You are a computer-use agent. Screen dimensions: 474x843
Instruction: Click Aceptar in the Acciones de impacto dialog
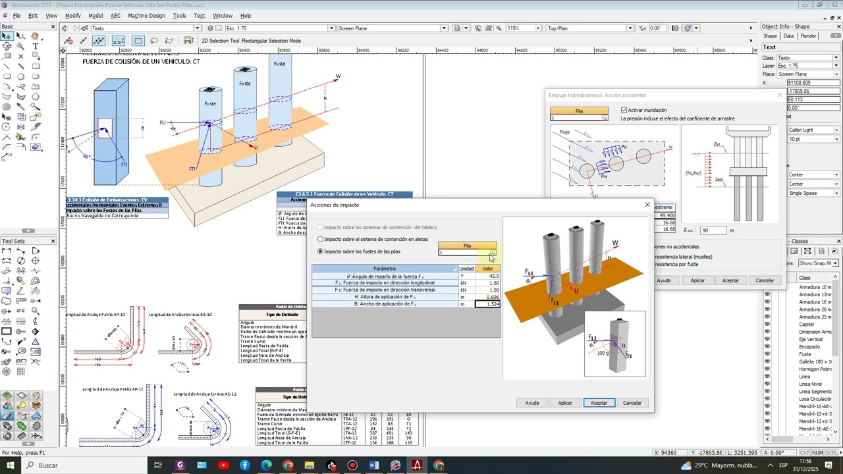pos(599,403)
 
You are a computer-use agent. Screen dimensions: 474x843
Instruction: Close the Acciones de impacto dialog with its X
pos(647,205)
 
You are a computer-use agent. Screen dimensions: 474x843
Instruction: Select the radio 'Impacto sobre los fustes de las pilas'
pos(321,251)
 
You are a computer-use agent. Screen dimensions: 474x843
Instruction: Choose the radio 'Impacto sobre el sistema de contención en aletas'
pos(321,239)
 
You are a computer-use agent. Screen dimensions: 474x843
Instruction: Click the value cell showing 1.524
pos(487,304)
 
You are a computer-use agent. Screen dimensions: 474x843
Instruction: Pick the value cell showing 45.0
pos(487,276)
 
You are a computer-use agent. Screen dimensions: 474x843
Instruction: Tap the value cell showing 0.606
pos(487,297)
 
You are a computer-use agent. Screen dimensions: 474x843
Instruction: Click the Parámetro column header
pos(385,269)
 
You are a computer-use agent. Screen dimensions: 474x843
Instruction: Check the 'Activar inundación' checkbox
pos(624,110)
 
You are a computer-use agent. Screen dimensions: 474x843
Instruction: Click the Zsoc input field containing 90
pos(713,230)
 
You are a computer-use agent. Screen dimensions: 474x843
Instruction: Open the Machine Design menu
pos(146,16)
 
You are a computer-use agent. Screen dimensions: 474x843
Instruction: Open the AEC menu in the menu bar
pos(115,16)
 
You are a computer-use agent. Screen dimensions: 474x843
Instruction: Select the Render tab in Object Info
pos(809,36)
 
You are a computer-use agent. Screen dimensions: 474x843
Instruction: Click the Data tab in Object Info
pos(788,36)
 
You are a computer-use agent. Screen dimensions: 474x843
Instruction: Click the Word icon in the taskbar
pos(374,465)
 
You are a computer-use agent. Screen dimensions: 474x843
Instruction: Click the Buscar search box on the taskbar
pos(79,465)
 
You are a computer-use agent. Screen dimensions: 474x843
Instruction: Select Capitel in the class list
pos(806,325)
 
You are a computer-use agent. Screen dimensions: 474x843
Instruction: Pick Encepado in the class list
pos(809,347)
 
